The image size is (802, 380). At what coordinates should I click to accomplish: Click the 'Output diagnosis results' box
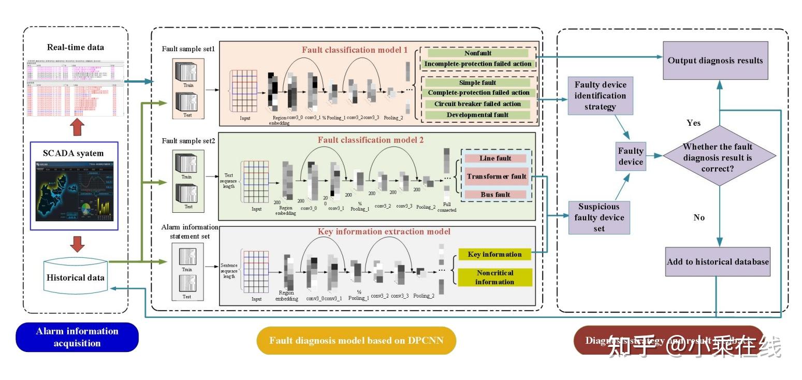coord(715,61)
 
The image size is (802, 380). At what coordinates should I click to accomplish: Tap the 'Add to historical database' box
coord(718,261)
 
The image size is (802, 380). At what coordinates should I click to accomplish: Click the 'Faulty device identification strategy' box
coord(600,96)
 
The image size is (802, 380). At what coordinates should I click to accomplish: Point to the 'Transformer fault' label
coord(496,177)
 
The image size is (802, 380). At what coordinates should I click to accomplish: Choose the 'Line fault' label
coord(495,158)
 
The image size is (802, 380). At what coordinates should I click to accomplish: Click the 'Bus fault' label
coord(495,195)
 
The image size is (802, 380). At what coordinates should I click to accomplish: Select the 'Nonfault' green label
coord(478,53)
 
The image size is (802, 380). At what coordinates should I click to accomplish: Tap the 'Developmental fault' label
coord(478,114)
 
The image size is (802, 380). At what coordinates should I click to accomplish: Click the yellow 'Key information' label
coord(494,254)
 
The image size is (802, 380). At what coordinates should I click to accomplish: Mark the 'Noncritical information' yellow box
coord(494,277)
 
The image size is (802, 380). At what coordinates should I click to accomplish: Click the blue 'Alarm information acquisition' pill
coord(77,337)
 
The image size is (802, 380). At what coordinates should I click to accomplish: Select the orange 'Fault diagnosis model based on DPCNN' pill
coord(356,341)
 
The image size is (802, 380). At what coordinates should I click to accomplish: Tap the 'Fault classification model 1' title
coord(355,50)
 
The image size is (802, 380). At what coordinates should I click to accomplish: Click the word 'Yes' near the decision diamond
coord(693,123)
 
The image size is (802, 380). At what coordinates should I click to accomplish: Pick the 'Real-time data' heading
coord(76,47)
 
